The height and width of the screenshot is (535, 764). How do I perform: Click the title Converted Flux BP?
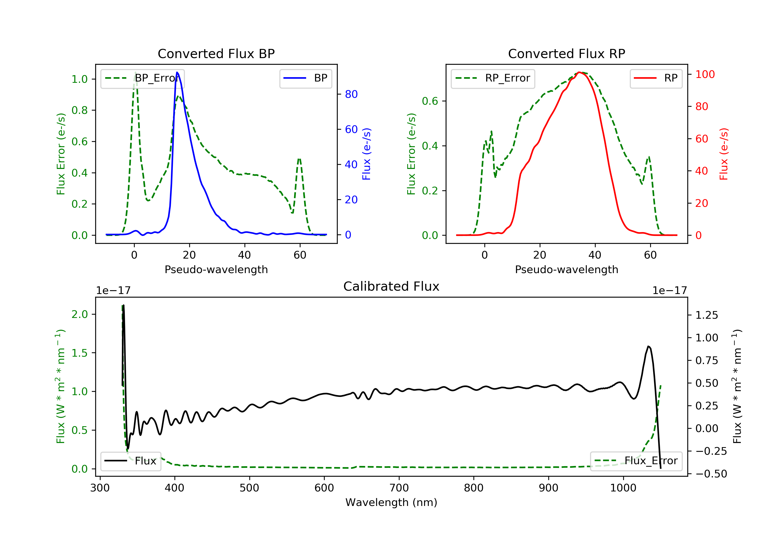pyautogui.click(x=216, y=53)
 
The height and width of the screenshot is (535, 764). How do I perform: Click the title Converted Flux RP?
pyautogui.click(x=567, y=53)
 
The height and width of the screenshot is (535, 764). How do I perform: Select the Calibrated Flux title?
pyautogui.click(x=391, y=286)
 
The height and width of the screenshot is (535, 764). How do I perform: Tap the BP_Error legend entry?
pyautogui.click(x=142, y=78)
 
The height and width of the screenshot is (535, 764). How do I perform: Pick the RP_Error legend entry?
pyautogui.click(x=493, y=78)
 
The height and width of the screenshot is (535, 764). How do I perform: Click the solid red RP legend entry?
pyautogui.click(x=656, y=78)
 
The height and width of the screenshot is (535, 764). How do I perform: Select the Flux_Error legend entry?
pyautogui.click(x=636, y=461)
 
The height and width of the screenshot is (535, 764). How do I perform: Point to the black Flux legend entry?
pyautogui.click(x=131, y=461)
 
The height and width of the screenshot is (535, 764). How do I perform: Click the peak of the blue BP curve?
pyautogui.click(x=177, y=72)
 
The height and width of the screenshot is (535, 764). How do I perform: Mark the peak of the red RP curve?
pyautogui.click(x=579, y=72)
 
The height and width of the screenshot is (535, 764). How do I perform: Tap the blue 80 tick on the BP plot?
pyautogui.click(x=351, y=94)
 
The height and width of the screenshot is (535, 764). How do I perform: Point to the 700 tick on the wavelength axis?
pyautogui.click(x=399, y=488)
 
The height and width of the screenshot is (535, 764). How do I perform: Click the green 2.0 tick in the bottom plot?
pyautogui.click(x=79, y=314)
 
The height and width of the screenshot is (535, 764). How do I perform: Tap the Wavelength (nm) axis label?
pyautogui.click(x=391, y=502)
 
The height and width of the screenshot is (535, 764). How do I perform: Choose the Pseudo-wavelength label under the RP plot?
pyautogui.click(x=567, y=269)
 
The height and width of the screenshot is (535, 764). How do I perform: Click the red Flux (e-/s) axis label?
pyautogui.click(x=724, y=154)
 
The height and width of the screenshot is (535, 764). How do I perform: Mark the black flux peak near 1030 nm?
pyautogui.click(x=648, y=346)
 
